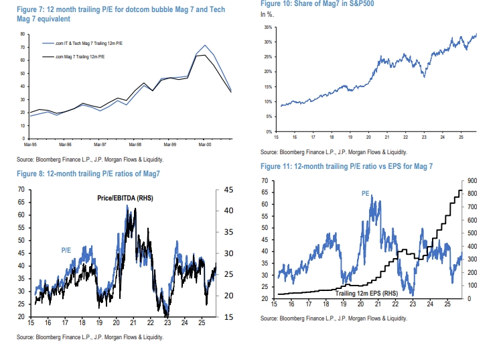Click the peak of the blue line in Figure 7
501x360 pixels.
pyautogui.click(x=205, y=46)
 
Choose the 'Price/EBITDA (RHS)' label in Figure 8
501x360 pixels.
pyautogui.click(x=124, y=197)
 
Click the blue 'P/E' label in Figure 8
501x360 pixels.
pyautogui.click(x=66, y=250)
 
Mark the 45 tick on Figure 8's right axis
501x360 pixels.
pyautogui.click(x=228, y=190)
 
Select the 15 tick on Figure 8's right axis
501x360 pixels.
pyautogui.click(x=228, y=316)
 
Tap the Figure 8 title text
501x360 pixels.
pyautogui.click(x=96, y=174)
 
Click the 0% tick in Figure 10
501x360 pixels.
pyautogui.click(x=269, y=132)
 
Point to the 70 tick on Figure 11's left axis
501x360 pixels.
pyautogui.click(x=265, y=181)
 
